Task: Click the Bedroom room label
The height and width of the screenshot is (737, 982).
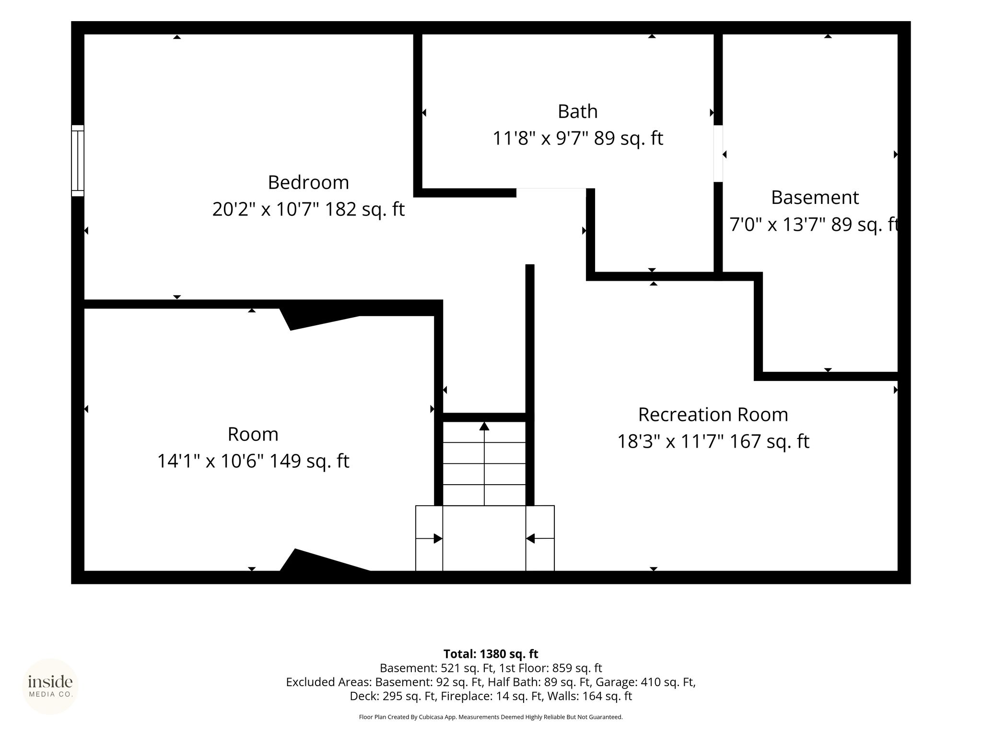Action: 308,182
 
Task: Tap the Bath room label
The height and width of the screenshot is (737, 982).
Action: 577,111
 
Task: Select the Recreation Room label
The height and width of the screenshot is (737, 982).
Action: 713,415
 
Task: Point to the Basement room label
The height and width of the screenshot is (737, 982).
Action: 815,197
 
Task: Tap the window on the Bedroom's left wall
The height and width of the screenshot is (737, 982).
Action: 78,161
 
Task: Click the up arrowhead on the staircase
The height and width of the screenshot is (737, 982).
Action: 484,426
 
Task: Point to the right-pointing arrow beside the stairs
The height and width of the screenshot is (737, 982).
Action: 429,538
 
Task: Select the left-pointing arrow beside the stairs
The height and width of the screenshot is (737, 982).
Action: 540,538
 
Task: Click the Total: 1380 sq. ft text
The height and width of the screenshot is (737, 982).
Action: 491,654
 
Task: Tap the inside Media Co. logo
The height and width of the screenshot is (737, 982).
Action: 50,686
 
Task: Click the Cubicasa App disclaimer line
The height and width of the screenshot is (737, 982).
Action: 491,717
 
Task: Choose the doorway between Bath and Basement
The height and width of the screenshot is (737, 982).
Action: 718,154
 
